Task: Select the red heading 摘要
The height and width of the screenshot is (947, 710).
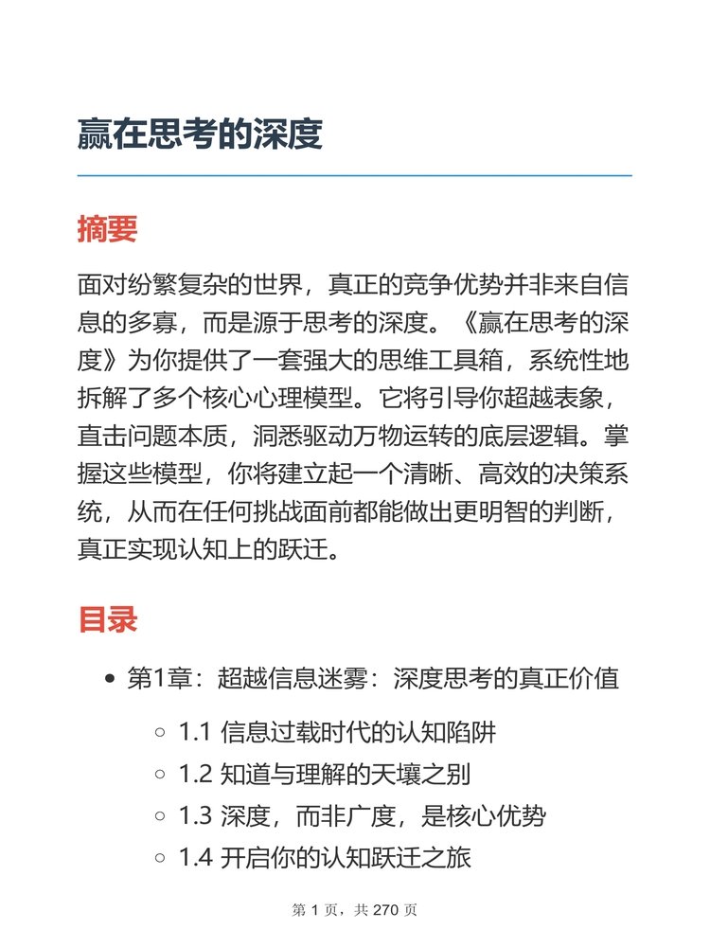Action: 108,229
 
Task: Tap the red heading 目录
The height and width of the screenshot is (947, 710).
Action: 108,619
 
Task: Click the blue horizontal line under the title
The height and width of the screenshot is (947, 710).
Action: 354,176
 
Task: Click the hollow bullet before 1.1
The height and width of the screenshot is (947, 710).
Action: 160,733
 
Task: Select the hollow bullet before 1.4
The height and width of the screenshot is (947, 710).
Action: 160,860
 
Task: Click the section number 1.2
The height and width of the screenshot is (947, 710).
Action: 195,776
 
